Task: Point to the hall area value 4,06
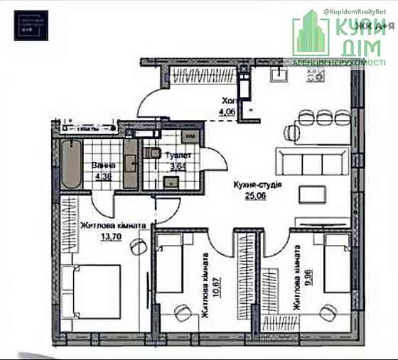[227, 111]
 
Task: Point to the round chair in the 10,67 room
[181, 312]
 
